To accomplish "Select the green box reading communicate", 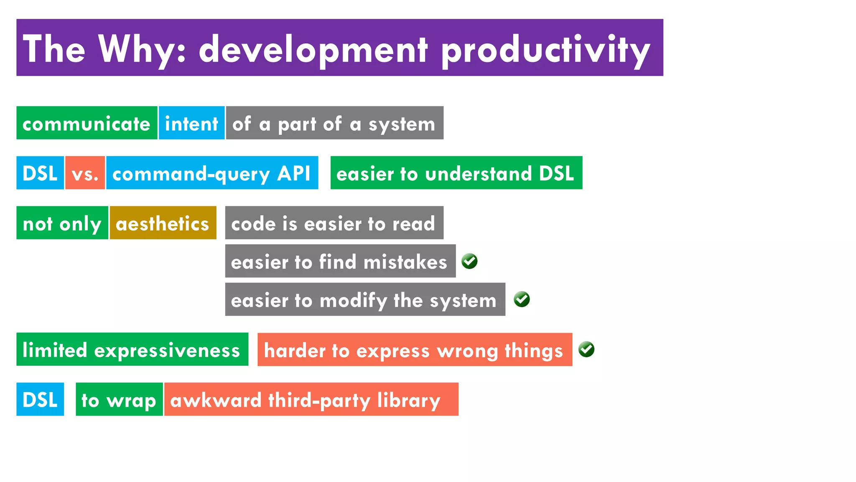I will click(x=87, y=123).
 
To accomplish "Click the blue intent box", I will click(x=191, y=123).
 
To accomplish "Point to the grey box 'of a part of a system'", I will click(x=334, y=123).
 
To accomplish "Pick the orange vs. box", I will click(x=85, y=173).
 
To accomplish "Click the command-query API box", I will click(x=212, y=173).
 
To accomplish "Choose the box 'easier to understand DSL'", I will click(x=456, y=173).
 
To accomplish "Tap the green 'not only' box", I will click(x=62, y=223).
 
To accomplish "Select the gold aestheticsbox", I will click(x=163, y=223).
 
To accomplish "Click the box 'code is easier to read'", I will click(x=334, y=223).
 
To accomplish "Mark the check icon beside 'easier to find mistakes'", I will click(x=469, y=261).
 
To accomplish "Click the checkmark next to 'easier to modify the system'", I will click(x=522, y=299).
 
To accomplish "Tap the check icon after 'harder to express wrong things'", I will click(x=586, y=349).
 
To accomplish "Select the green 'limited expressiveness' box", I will click(x=132, y=349).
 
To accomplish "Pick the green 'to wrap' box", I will click(x=119, y=400).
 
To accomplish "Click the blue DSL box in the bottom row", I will click(x=40, y=400).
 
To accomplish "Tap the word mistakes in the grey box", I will click(x=405, y=262).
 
